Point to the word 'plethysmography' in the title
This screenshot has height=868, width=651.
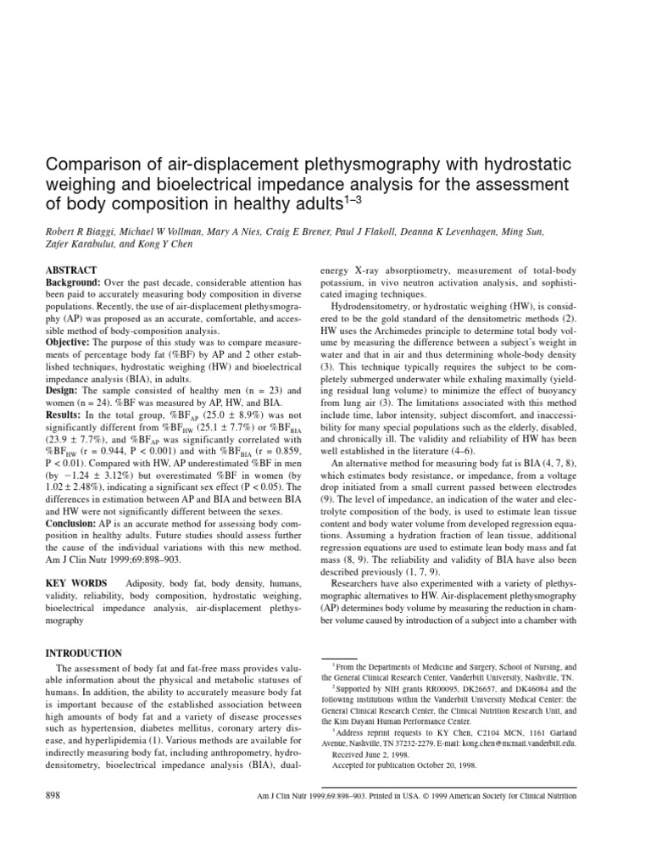click(372, 163)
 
